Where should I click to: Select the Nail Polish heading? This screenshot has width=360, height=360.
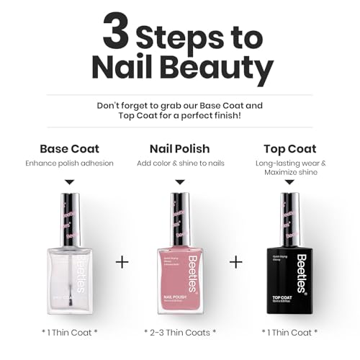pyautogui.click(x=180, y=149)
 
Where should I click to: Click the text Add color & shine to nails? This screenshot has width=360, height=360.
pyautogui.click(x=180, y=163)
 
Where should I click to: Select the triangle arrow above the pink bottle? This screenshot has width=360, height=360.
pyautogui.click(x=180, y=182)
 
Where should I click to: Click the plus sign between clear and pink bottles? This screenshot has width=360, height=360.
pyautogui.click(x=122, y=262)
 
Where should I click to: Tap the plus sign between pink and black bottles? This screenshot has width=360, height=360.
pyautogui.click(x=235, y=262)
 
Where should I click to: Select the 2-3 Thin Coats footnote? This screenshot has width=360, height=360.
pyautogui.click(x=180, y=332)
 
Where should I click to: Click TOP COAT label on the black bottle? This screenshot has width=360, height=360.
pyautogui.click(x=282, y=297)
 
